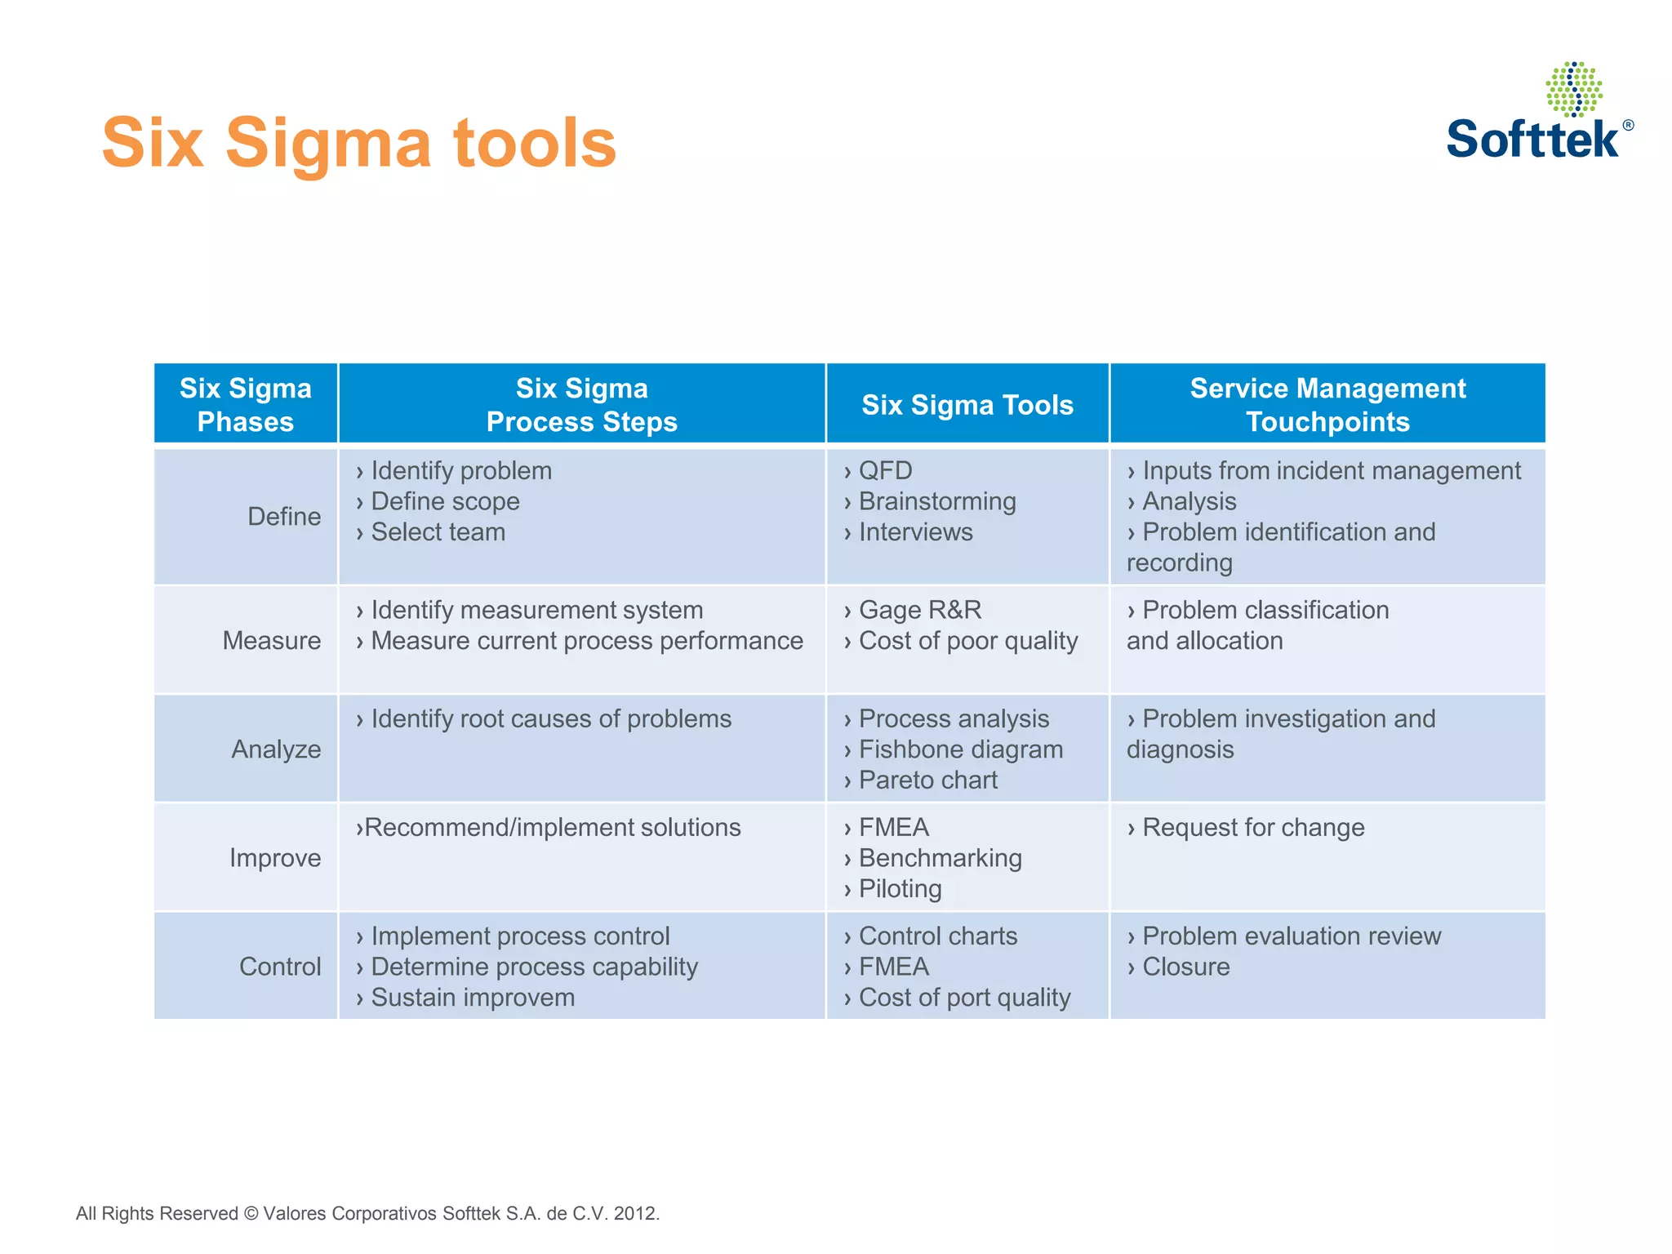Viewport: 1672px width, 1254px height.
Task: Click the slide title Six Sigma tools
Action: pyautogui.click(x=359, y=143)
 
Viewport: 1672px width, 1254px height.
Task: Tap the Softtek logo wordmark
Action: pyautogui.click(x=1533, y=139)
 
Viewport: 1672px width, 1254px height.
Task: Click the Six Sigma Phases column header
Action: pyautogui.click(x=246, y=404)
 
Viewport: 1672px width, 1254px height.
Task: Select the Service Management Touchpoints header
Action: pyautogui.click(x=1327, y=404)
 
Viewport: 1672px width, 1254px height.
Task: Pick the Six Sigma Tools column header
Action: pyautogui.click(x=967, y=405)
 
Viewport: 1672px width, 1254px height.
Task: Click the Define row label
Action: pyautogui.click(x=284, y=516)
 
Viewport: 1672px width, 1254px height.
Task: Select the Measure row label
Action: pyautogui.click(x=272, y=640)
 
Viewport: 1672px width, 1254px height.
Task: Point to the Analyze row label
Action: pyautogui.click(x=276, y=749)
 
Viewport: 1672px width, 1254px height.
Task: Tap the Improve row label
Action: pyautogui.click(x=275, y=857)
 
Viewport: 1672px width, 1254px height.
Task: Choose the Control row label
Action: pyautogui.click(x=280, y=966)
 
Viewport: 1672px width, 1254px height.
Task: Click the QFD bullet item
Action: pyautogui.click(x=885, y=470)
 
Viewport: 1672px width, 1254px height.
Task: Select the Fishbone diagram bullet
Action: pyautogui.click(x=960, y=749)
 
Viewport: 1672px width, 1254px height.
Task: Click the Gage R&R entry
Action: pyautogui.click(x=919, y=610)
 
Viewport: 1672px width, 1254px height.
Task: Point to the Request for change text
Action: pyautogui.click(x=1252, y=827)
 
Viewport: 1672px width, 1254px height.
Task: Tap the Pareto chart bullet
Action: pyautogui.click(x=927, y=780)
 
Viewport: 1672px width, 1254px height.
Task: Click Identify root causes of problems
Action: pyautogui.click(x=550, y=718)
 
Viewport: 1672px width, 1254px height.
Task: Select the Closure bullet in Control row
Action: pyautogui.click(x=1185, y=966)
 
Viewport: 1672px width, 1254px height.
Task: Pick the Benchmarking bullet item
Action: pyautogui.click(x=940, y=857)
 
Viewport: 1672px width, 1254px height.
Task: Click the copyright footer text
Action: pyautogui.click(x=367, y=1213)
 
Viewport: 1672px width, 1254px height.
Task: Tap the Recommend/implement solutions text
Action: pyautogui.click(x=552, y=827)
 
